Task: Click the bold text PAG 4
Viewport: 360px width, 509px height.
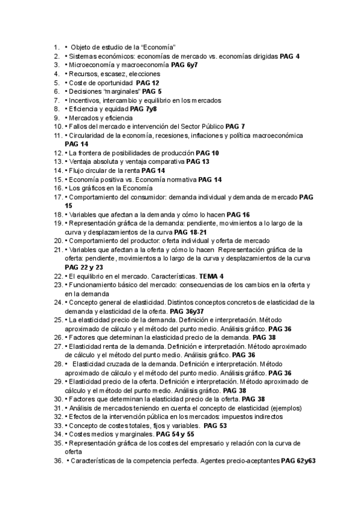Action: pyautogui.click(x=290, y=56)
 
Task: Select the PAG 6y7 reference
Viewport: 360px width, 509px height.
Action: pyautogui.click(x=184, y=65)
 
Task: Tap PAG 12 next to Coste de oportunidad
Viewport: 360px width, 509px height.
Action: pyautogui.click(x=148, y=83)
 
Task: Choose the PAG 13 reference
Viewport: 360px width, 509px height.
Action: pyautogui.click(x=197, y=163)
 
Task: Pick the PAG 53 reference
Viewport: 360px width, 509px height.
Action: pyautogui.click(x=215, y=426)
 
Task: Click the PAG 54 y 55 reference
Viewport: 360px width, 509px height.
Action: pyautogui.click(x=175, y=434)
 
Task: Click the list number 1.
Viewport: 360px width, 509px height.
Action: pyautogui.click(x=56, y=47)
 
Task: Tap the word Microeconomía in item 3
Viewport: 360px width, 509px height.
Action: pyautogui.click(x=90, y=65)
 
